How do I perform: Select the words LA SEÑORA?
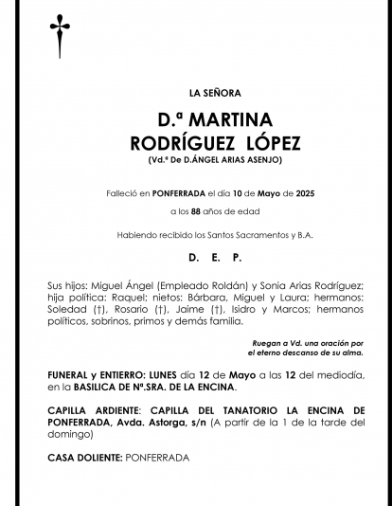(x=215, y=93)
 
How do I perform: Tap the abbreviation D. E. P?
(x=215, y=258)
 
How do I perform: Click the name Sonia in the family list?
(x=269, y=285)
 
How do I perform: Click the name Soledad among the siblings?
(x=66, y=309)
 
